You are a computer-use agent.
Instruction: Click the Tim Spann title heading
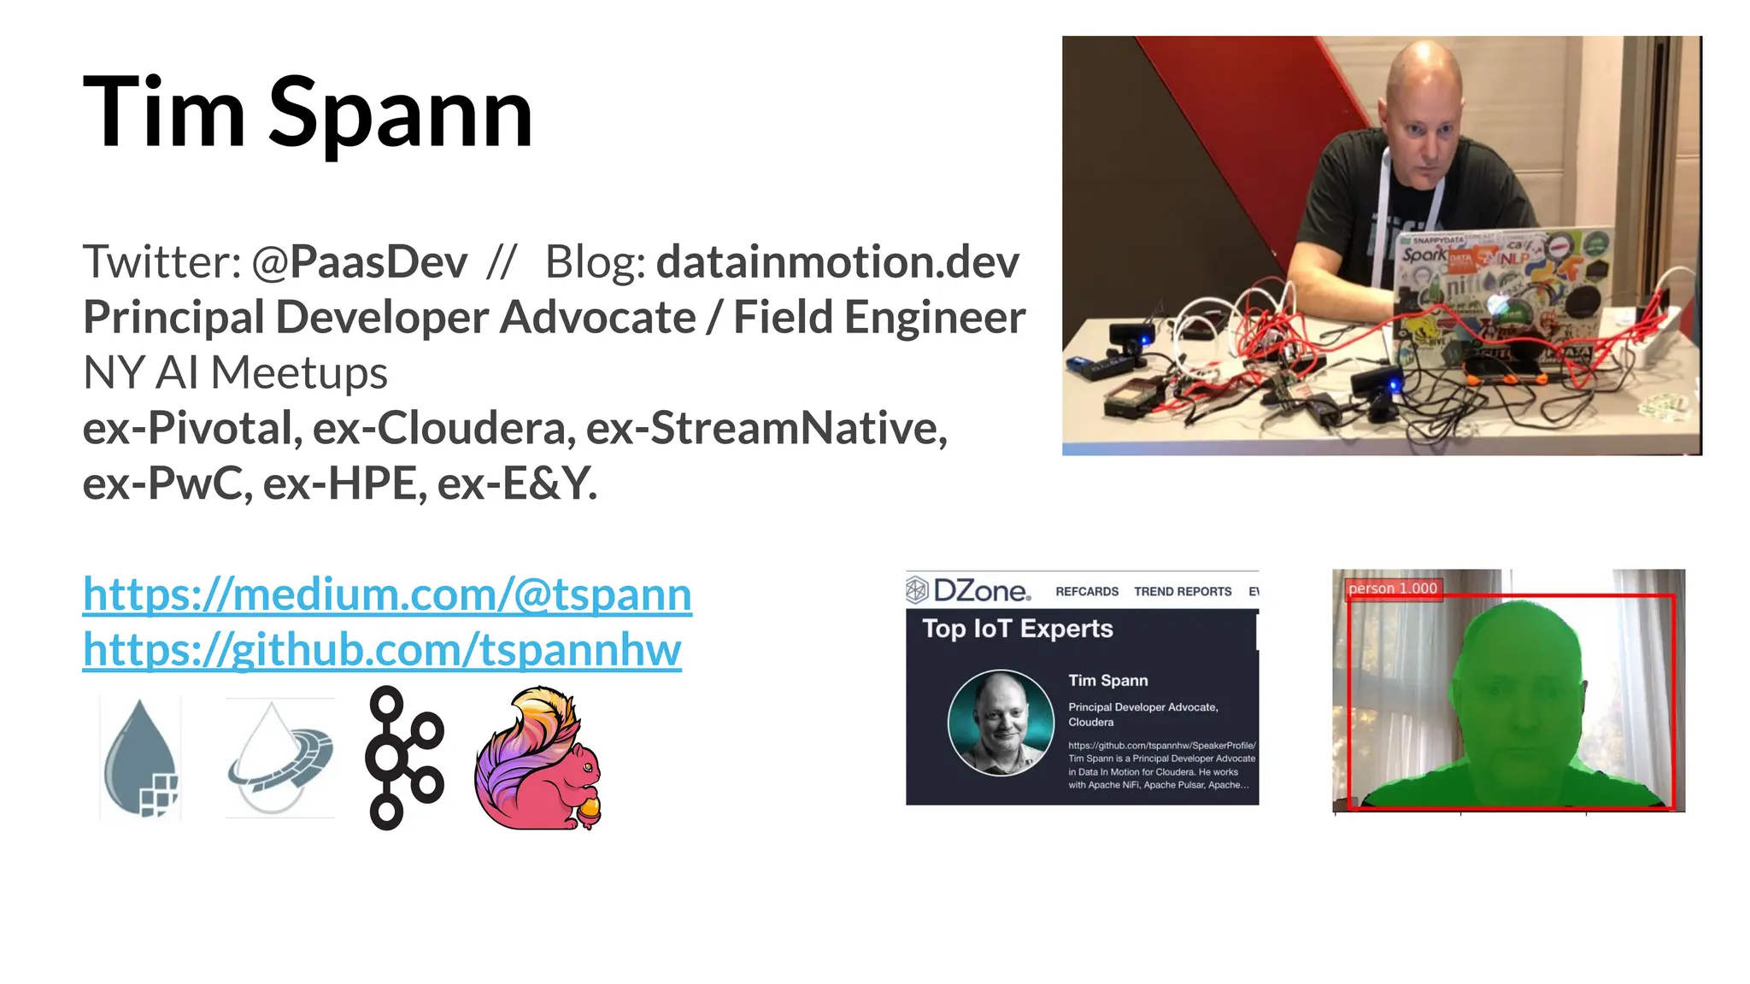308,114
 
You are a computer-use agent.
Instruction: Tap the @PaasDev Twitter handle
359,262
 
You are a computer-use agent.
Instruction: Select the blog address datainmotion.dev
837,262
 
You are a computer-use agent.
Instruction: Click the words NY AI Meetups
235,373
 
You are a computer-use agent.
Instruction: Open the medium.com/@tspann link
387,594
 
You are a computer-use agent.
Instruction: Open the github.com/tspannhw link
382,650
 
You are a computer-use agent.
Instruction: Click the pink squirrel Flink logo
538,758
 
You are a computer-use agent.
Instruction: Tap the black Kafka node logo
403,758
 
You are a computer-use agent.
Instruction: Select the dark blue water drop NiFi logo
141,758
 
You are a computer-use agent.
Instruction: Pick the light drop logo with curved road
279,758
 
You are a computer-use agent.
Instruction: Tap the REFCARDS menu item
1086,591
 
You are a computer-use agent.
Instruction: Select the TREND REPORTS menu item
1183,591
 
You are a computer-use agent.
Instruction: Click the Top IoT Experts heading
1017,630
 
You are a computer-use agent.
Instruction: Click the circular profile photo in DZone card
1001,723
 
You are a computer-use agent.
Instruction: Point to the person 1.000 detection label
1393,589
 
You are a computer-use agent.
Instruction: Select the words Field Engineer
879,318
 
